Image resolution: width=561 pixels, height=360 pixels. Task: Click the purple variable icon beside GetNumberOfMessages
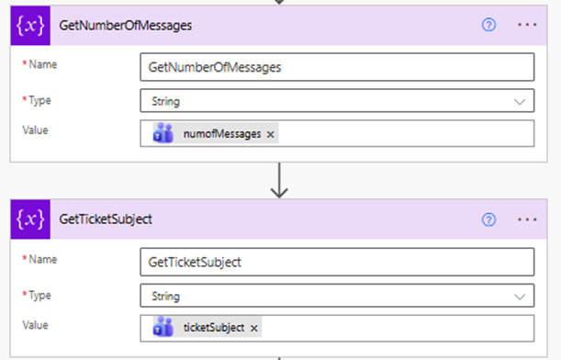tap(30, 25)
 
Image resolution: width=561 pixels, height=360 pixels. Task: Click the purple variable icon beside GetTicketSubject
tap(30, 219)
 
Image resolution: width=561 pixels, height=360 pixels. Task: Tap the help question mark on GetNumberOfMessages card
tap(488, 25)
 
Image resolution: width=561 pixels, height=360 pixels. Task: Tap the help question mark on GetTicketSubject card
tap(488, 219)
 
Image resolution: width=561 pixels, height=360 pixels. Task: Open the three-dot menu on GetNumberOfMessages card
tap(526, 25)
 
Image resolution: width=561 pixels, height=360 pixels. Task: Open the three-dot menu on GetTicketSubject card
tap(526, 219)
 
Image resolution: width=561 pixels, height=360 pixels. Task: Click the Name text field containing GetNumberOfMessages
tap(337, 68)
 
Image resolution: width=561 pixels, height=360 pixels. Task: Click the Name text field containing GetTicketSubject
tap(337, 263)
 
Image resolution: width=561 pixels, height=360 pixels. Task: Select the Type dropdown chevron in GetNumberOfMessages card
tap(521, 101)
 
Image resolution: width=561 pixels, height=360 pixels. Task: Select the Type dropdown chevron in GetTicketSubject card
tap(521, 296)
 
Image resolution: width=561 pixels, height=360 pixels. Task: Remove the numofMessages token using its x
tap(270, 134)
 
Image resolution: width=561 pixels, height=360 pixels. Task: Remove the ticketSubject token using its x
tap(254, 328)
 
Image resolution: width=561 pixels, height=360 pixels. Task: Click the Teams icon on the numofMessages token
tap(163, 134)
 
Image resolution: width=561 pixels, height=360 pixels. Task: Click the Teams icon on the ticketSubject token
tap(163, 328)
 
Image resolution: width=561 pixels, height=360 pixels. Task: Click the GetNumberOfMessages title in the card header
tap(126, 25)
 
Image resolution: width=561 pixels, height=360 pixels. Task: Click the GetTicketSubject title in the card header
tap(106, 219)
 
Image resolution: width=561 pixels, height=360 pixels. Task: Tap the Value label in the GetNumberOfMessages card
tap(36, 129)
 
